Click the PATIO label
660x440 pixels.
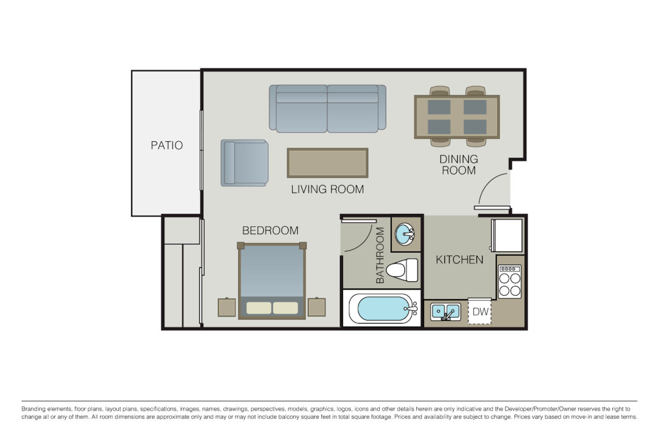[x=166, y=145]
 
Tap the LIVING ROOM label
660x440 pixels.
[x=327, y=189]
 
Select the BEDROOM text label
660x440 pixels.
[x=270, y=230]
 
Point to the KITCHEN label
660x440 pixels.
[x=459, y=259]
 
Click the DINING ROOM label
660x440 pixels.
[x=459, y=165]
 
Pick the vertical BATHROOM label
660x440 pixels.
[x=380, y=255]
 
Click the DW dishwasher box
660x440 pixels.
[x=480, y=312]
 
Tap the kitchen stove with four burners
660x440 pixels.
[x=510, y=281]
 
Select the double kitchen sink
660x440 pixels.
[x=445, y=312]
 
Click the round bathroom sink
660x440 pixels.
[x=405, y=235]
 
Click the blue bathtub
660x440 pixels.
[x=382, y=309]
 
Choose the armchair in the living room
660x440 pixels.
[x=244, y=163]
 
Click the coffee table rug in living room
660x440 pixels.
[x=327, y=162]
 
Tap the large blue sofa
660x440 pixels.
[x=327, y=108]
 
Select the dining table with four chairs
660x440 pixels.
[x=457, y=116]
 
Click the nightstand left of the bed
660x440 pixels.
[x=227, y=307]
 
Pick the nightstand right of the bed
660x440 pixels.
[x=316, y=307]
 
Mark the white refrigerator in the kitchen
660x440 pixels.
[x=507, y=235]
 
